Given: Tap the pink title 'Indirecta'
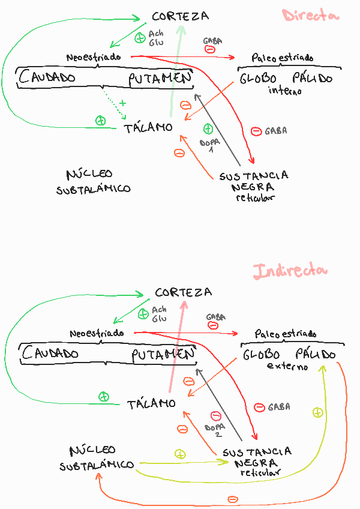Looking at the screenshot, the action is point(290,271).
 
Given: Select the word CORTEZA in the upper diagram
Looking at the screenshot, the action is point(181,16).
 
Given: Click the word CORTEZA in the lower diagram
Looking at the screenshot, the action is point(183,292).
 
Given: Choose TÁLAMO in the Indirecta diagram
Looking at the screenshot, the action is point(151,403).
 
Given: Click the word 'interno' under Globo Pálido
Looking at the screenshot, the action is point(285,91).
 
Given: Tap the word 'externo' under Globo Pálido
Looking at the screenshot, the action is point(287,366).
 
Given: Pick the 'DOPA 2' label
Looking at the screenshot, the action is point(214,429).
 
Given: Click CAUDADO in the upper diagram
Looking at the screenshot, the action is point(47,77).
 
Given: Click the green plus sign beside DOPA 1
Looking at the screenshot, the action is point(208,128).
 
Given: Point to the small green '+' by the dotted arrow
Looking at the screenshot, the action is point(122,103).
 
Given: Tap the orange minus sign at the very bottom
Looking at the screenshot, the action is point(233,499).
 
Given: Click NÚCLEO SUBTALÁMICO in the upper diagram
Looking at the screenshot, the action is point(93,182).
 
